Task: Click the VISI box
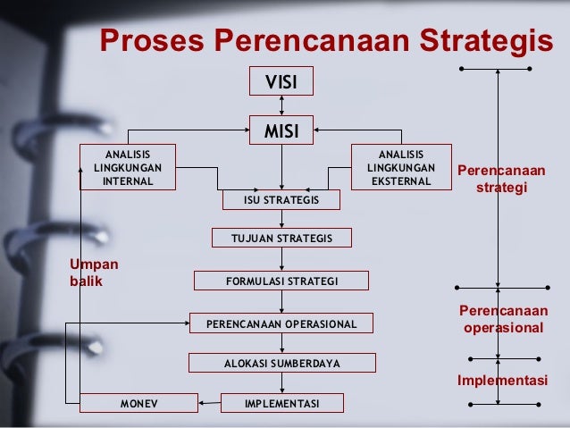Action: [x=281, y=81]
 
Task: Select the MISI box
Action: [x=281, y=132]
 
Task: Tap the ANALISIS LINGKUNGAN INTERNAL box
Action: [x=128, y=167]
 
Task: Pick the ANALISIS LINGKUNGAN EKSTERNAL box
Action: [x=401, y=167]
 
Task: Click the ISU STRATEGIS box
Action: [x=281, y=200]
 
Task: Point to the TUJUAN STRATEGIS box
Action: [x=281, y=238]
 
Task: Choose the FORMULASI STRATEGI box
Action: [x=281, y=281]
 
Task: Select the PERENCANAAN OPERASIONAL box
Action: [x=281, y=323]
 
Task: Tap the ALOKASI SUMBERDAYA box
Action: [x=281, y=364]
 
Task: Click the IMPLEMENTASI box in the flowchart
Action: [x=281, y=404]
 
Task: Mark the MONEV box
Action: [x=138, y=404]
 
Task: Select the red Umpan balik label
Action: [x=93, y=272]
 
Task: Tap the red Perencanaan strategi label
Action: [x=501, y=179]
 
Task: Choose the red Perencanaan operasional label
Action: [x=502, y=319]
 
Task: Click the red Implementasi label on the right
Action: [x=502, y=381]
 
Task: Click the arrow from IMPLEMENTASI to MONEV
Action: [x=209, y=404]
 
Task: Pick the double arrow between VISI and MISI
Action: [x=281, y=106]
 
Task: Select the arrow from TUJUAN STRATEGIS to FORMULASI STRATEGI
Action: [x=281, y=259]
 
